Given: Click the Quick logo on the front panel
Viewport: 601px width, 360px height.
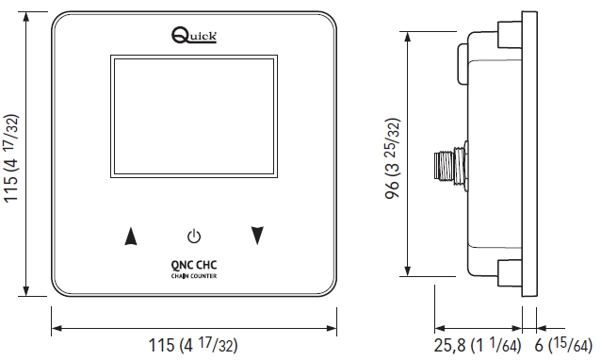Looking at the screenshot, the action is tap(194, 35).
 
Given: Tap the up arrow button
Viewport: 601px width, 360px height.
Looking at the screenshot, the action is tap(131, 236).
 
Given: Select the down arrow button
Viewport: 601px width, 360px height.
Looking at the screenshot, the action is tap(257, 236).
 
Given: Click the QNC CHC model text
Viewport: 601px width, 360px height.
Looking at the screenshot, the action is tap(194, 265).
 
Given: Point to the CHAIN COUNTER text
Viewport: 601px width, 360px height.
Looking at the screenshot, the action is tap(194, 276).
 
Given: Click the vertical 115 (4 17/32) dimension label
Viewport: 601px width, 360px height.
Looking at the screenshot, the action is tap(11, 158).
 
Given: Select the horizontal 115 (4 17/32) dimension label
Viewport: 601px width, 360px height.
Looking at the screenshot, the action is tap(193, 345).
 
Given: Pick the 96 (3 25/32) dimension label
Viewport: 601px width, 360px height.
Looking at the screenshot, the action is tap(392, 158).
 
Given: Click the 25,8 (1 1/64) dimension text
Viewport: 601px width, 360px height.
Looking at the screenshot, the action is tap(478, 345).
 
